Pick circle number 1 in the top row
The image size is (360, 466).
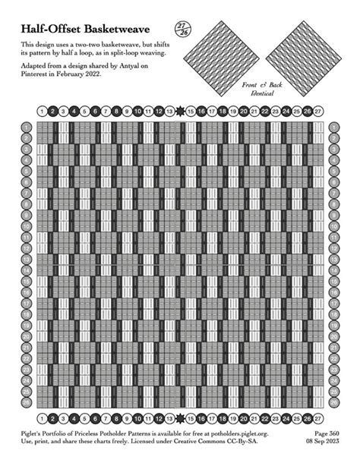coord(40,112)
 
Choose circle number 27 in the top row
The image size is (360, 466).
coord(318,112)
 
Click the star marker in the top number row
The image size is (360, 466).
coord(179,112)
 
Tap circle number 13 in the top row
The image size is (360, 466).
coord(169,112)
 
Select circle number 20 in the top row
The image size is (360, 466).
coord(243,112)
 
